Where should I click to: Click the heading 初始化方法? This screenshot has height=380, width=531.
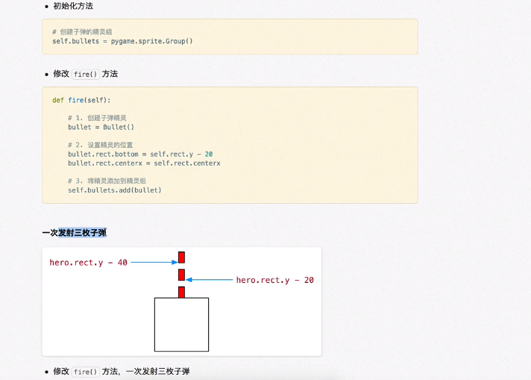click(x=73, y=6)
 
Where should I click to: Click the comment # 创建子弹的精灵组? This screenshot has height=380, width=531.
click(x=82, y=32)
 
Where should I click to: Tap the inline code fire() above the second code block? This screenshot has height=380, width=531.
click(x=86, y=74)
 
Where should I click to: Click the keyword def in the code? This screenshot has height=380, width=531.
click(x=57, y=100)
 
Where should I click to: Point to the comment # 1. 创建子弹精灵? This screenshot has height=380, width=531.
click(x=97, y=118)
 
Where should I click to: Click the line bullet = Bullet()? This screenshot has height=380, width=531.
click(x=101, y=127)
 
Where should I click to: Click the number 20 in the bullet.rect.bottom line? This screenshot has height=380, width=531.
click(x=209, y=154)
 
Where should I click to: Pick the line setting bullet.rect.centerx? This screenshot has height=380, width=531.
click(x=144, y=163)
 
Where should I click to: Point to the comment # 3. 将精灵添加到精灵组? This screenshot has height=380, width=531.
click(x=107, y=181)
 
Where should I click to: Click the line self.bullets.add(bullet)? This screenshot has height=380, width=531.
click(x=114, y=190)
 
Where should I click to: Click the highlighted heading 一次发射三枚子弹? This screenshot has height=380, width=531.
click(x=74, y=233)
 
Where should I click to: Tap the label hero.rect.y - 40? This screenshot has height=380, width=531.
click(x=88, y=263)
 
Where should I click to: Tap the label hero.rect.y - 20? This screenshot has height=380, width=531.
click(x=274, y=280)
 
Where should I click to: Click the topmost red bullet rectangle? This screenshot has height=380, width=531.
click(x=181, y=258)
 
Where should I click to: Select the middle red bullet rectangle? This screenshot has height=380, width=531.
click(x=181, y=275)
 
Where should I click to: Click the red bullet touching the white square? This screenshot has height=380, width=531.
click(x=181, y=292)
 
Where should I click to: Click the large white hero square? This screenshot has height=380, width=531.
click(x=181, y=325)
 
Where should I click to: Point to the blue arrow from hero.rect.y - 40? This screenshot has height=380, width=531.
click(x=154, y=263)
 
